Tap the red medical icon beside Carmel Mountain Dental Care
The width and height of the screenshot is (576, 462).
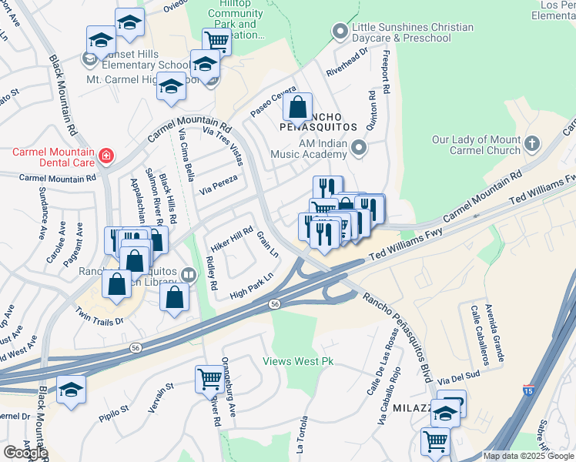point(105,158)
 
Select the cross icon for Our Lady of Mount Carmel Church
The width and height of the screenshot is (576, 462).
point(532,143)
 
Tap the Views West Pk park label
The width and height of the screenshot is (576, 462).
point(297,360)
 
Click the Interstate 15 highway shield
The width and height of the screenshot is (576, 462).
point(528,390)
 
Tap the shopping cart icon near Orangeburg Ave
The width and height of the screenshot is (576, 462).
point(209,378)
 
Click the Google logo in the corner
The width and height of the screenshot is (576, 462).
point(25,453)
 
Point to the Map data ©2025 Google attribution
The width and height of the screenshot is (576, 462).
point(528,456)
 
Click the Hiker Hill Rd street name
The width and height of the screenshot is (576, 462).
point(231,239)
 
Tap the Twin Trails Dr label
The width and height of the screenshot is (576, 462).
point(99,316)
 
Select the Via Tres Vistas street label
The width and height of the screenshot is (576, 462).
point(222,145)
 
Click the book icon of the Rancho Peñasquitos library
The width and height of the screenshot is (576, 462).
point(189,274)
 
